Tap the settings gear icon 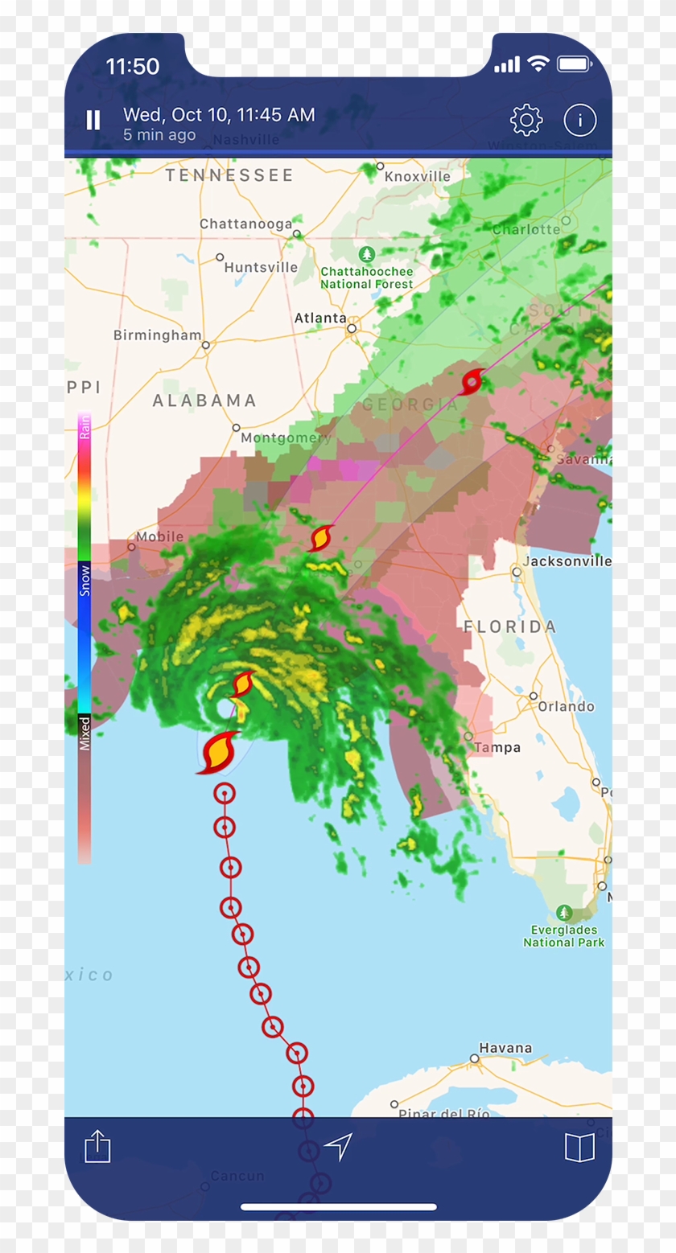pos(526,121)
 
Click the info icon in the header pos(579,121)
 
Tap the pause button pos(93,121)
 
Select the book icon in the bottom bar pos(579,1147)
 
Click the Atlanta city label pos(320,318)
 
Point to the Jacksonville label pos(566,561)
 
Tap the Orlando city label pos(567,706)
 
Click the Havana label pos(505,1048)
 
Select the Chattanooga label pos(245,224)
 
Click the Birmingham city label pos(157,335)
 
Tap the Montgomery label pos(286,438)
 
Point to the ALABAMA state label pos(204,401)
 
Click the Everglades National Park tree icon pos(564,913)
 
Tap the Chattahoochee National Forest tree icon pos(367,255)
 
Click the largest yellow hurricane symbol pos(218,752)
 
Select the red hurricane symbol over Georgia pos(472,381)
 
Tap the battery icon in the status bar pos(574,64)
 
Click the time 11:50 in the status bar pos(133,66)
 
